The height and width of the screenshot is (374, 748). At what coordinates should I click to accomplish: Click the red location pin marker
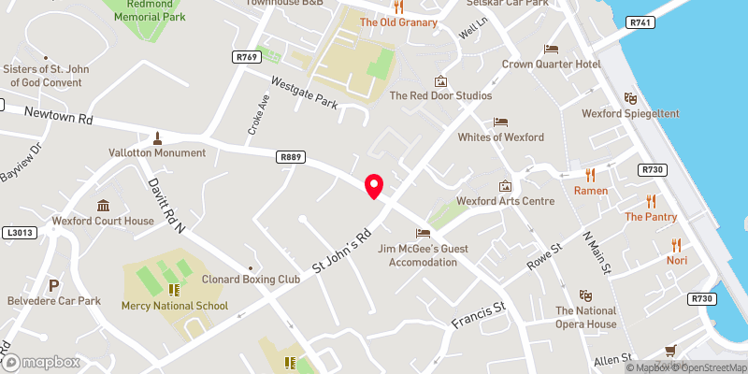point(374,186)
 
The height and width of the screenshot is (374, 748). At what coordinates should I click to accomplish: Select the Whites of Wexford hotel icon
point(500,122)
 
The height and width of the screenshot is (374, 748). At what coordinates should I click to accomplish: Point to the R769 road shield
point(246,57)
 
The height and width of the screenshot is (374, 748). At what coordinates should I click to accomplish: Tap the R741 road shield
point(640,22)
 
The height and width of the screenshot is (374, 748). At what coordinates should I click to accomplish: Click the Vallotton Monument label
point(157,152)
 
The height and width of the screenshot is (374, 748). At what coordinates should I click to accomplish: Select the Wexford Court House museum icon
point(102,206)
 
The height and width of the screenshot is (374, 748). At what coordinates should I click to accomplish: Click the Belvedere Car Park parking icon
point(53,285)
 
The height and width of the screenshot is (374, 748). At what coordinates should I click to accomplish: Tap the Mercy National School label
point(174,306)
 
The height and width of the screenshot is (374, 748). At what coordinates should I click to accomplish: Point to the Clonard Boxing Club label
point(250,279)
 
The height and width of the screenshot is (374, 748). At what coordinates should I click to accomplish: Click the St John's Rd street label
point(342,251)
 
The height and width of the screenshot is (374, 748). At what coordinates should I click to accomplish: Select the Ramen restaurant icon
point(591,174)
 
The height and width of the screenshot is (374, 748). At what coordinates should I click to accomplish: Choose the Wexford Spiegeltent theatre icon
point(630,97)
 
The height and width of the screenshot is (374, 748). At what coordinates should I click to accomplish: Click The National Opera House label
point(586,318)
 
